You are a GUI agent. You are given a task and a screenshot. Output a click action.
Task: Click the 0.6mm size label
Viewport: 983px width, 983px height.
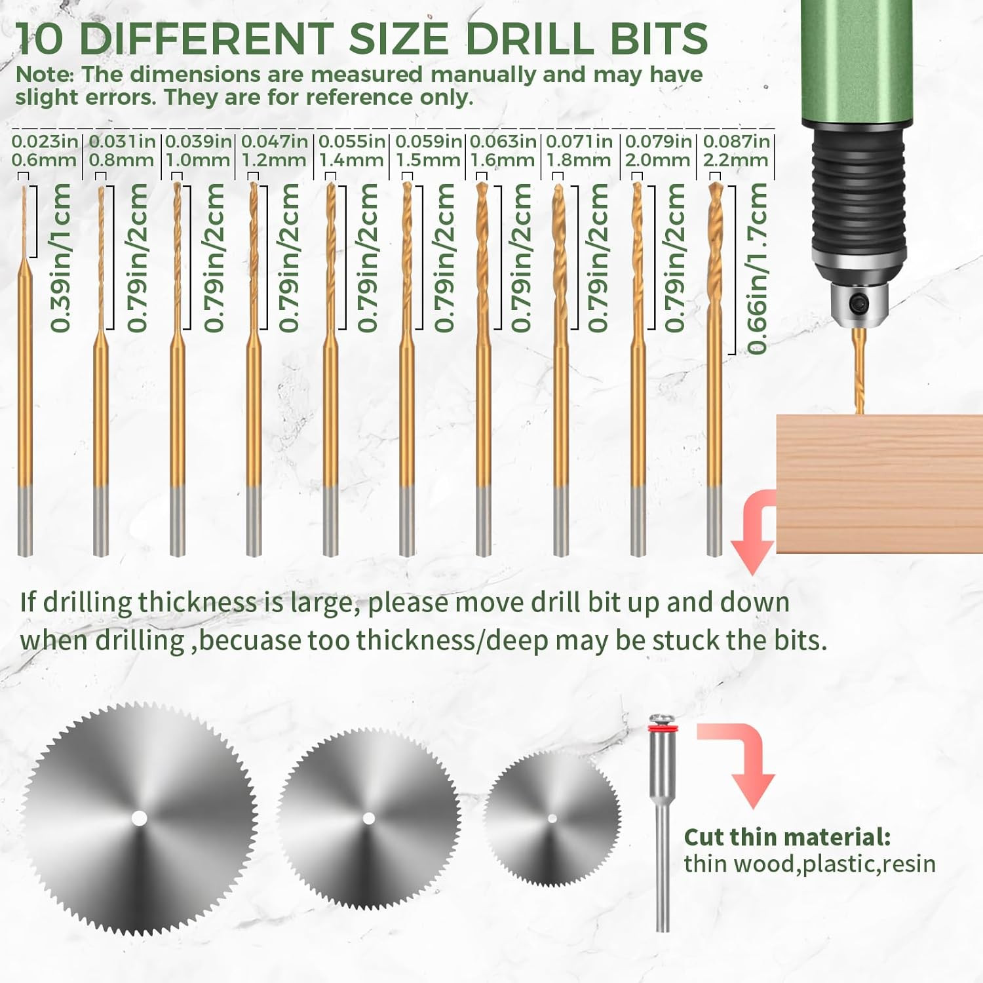click(x=43, y=160)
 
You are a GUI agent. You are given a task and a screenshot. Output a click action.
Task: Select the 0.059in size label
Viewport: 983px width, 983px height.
click(x=429, y=141)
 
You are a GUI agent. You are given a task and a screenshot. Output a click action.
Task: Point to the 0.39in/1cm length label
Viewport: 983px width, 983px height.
click(x=61, y=258)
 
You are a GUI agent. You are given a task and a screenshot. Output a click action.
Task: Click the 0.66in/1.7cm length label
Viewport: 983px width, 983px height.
click(x=758, y=269)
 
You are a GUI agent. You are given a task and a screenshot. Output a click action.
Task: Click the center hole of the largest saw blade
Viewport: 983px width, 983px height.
click(x=139, y=818)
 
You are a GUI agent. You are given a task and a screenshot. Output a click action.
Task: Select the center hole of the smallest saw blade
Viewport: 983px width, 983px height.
click(x=552, y=818)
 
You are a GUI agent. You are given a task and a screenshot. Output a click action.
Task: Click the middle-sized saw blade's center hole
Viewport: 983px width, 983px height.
click(x=368, y=818)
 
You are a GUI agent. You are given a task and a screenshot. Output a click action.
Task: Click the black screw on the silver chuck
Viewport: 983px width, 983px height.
click(x=858, y=303)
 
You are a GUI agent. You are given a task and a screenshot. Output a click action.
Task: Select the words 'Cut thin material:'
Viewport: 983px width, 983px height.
click(x=786, y=837)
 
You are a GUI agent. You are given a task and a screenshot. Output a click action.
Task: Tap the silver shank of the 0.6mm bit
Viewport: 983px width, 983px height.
click(x=25, y=521)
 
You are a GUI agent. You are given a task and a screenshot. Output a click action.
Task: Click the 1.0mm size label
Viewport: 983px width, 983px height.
click(x=197, y=160)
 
